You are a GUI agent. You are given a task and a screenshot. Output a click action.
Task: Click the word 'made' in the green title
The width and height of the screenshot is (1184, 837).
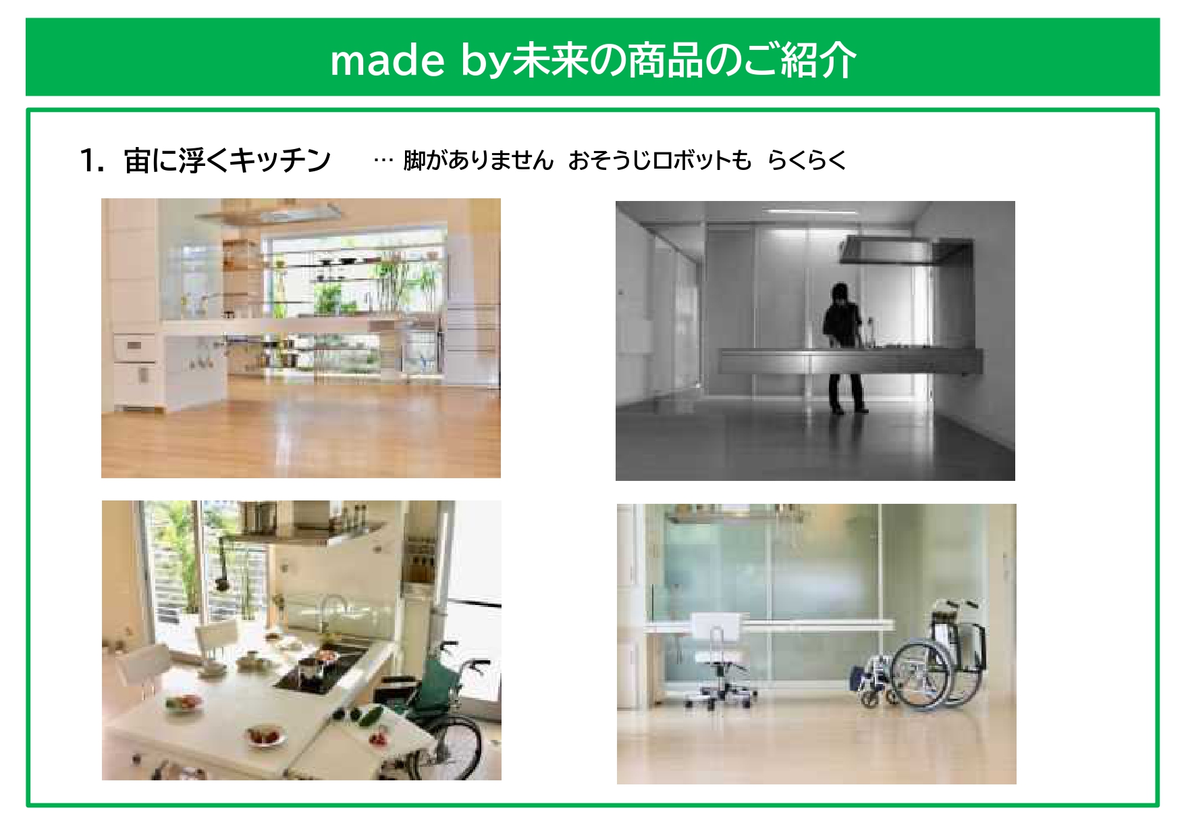pos(387,61)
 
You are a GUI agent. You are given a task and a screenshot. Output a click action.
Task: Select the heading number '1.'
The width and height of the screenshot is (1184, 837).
pos(92,161)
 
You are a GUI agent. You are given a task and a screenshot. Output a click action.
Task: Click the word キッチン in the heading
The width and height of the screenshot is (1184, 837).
pos(280,161)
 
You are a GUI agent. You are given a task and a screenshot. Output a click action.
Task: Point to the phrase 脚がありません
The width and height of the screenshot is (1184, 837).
pos(478,161)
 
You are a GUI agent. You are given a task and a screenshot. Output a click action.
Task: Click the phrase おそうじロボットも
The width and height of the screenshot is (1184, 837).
pos(660,161)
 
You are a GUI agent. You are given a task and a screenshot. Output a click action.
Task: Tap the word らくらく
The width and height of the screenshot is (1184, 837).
pos(807,161)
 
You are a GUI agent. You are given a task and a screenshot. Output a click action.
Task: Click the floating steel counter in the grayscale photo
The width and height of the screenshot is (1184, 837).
pos(850,361)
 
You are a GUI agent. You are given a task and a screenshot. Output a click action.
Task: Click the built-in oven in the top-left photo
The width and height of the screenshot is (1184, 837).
pos(134,347)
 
